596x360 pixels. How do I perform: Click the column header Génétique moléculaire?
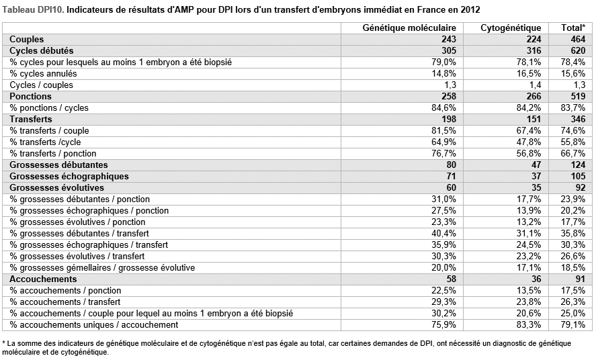coord(409,28)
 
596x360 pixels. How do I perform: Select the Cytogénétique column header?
coord(511,28)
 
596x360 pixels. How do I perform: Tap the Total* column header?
coord(573,28)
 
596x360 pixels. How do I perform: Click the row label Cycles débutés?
coord(42,50)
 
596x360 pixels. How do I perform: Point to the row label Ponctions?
coord(30,96)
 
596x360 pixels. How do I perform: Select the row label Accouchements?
coord(43,279)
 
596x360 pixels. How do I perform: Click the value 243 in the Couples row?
coord(449,39)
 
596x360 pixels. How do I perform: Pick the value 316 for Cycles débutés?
coord(534,50)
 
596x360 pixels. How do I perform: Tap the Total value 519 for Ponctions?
coord(578,96)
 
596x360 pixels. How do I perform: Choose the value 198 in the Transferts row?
coord(449,119)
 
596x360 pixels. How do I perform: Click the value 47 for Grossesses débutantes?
coord(536,165)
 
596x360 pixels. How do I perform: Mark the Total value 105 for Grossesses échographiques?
coord(578,176)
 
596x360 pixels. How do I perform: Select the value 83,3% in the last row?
coord(529,324)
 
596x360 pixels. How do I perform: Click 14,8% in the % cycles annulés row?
coord(444,73)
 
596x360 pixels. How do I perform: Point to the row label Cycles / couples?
coord(42,85)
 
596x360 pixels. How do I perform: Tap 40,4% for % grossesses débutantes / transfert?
coord(444,233)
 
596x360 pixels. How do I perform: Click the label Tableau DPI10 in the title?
coord(33,10)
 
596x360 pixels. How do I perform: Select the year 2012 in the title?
coord(470,10)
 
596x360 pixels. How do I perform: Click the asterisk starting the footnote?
coord(3,343)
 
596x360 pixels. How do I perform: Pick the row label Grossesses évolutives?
coord(56,187)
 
